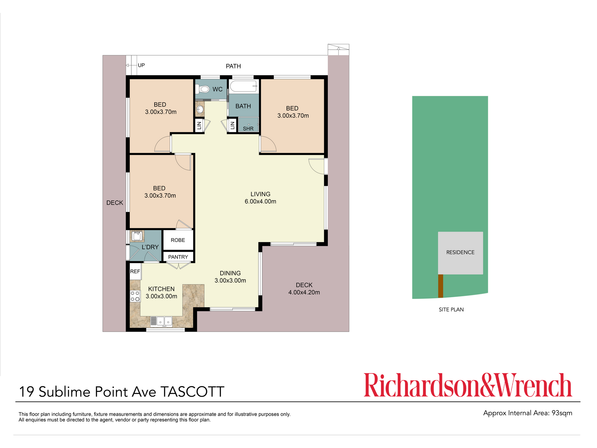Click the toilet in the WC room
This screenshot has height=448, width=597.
203,89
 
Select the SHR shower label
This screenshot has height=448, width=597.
248,129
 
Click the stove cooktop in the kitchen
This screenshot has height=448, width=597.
135,296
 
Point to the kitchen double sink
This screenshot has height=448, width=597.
161,321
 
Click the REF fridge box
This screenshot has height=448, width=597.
135,271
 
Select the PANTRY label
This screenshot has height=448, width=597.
178,257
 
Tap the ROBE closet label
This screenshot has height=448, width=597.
178,240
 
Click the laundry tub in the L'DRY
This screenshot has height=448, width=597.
137,236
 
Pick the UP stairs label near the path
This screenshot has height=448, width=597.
141,65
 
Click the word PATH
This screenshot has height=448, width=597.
233,66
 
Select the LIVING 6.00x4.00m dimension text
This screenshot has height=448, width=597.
261,202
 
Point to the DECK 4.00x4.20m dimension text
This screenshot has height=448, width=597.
304,292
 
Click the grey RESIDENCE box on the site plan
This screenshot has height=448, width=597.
460,253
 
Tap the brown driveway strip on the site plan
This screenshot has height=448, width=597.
441,286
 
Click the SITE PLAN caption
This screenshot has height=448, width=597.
451,310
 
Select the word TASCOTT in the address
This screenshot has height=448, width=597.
193,392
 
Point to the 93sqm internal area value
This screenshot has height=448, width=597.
562,413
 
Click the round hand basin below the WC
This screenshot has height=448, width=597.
200,109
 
